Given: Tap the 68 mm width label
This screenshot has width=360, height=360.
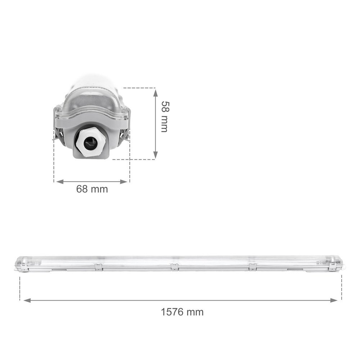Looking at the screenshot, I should [x=92, y=189].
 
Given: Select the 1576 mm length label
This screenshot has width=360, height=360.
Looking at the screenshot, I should [x=182, y=311].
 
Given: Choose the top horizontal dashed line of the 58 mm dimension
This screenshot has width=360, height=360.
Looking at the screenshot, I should [x=140, y=87].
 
